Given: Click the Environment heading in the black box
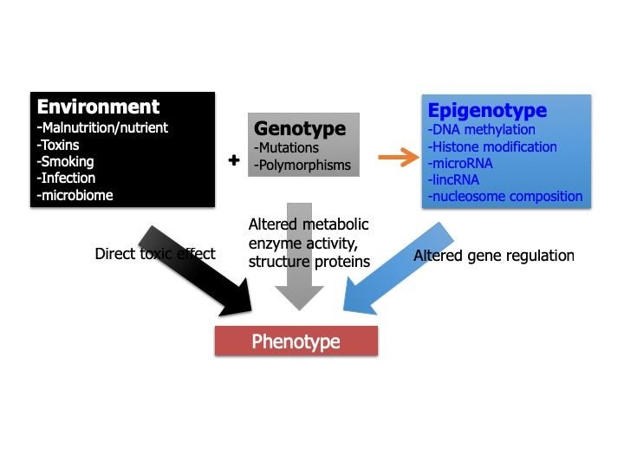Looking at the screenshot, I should click(98, 107).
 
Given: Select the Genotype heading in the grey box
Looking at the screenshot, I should click(299, 128).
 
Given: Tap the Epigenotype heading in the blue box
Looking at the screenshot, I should click(487, 110).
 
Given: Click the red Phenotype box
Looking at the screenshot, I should click(296, 341).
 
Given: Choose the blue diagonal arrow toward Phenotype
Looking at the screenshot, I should click(394, 270).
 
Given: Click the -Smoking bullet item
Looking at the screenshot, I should click(65, 161).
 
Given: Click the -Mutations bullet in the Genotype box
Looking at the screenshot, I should click(287, 148).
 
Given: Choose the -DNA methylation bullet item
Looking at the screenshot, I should click(482, 130).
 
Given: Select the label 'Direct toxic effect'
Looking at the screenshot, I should click(154, 255).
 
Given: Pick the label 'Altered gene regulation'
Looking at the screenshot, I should click(493, 256).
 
